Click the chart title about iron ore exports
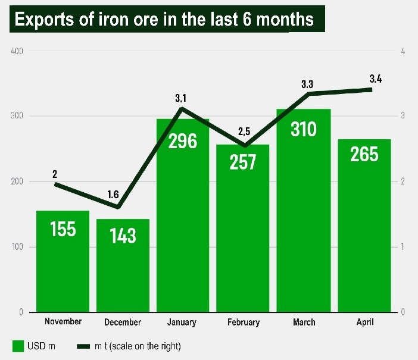click(164, 20)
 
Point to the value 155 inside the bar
click(63, 228)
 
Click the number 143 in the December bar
click(123, 235)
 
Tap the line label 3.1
click(181, 98)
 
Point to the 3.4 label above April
click(376, 79)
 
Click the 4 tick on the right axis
click(403, 51)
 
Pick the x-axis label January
click(182, 322)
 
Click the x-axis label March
click(304, 322)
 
